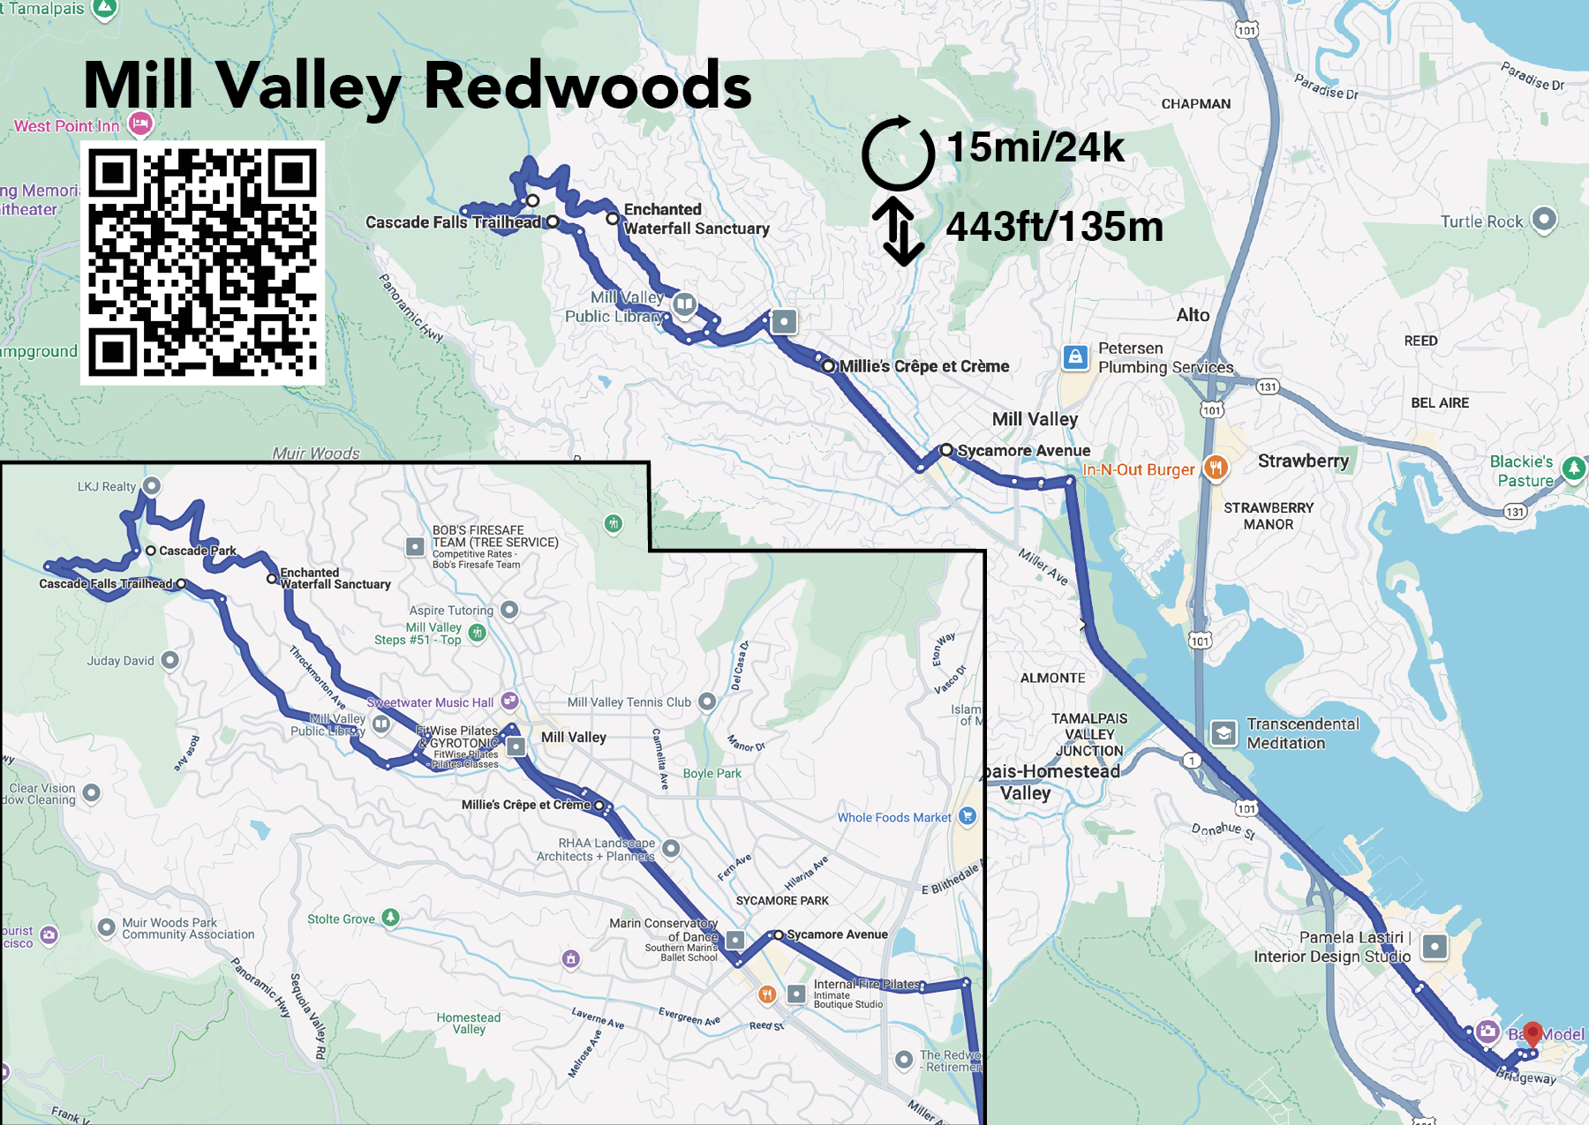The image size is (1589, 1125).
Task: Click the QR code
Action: tap(202, 263)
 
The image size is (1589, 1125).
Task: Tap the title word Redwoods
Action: tap(587, 86)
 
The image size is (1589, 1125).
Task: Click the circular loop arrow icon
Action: tap(898, 154)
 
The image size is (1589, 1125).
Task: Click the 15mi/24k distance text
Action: tap(1035, 147)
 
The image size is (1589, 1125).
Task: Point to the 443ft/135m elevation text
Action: tap(1054, 228)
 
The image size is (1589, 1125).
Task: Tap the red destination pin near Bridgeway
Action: tap(1533, 1033)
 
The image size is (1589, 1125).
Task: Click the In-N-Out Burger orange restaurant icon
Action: tap(1216, 468)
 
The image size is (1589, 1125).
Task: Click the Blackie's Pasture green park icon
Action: tap(1574, 468)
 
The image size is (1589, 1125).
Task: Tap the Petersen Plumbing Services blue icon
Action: tap(1074, 356)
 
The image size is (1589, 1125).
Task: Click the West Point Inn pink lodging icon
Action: tap(140, 124)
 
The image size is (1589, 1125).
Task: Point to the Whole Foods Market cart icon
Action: tap(968, 816)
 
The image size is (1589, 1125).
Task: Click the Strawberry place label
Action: tap(1303, 461)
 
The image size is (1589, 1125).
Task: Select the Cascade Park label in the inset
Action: tap(197, 551)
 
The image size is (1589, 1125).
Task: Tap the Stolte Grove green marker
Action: tap(390, 918)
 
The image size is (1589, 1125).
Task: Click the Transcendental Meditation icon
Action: tap(1224, 733)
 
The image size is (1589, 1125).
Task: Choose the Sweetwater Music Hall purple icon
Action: tap(509, 701)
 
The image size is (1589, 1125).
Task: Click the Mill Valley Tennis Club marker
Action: tap(706, 701)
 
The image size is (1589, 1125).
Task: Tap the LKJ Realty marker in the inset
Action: tap(152, 485)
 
